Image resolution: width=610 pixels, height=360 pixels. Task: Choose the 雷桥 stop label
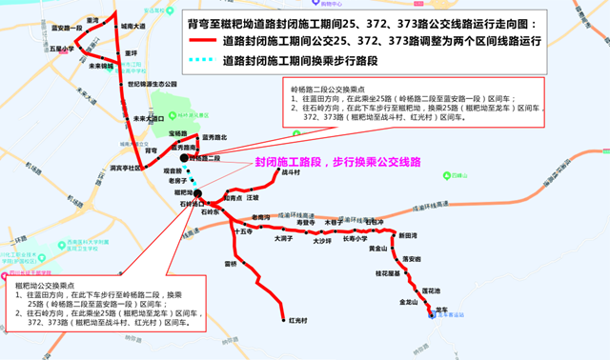[230, 264]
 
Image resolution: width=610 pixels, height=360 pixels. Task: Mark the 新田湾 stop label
[407, 234]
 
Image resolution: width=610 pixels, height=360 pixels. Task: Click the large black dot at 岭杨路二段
[199, 157]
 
